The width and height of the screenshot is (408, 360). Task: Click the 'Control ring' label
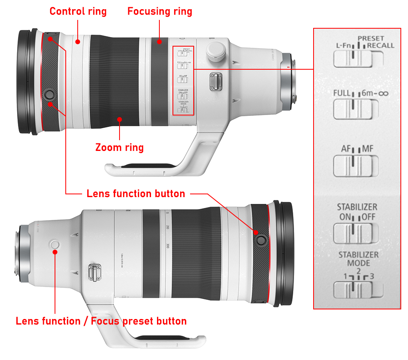click(78, 11)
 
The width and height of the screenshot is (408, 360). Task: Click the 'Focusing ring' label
click(160, 11)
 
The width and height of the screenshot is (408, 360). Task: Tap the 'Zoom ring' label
click(120, 147)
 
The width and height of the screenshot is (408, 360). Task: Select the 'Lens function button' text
click(136, 194)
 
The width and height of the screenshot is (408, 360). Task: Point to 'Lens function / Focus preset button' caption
click(101, 321)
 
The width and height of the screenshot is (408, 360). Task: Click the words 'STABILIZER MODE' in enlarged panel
click(358, 259)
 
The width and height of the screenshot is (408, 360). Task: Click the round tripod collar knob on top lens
click(216, 50)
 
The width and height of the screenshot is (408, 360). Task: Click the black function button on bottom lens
click(261, 240)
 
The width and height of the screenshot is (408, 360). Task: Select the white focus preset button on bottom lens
click(55, 244)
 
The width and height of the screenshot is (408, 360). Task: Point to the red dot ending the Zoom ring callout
click(120, 119)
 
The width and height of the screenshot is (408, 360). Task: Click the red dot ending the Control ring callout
click(78, 41)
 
